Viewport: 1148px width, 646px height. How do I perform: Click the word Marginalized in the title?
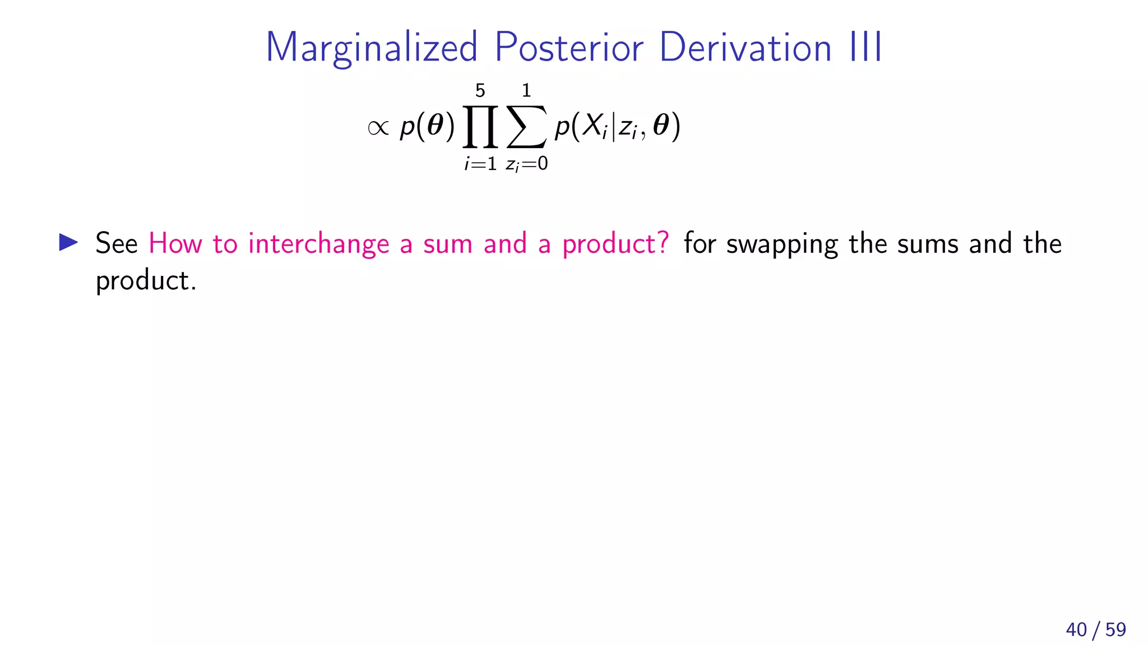click(371, 48)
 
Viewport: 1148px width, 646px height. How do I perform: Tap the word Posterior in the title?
click(568, 48)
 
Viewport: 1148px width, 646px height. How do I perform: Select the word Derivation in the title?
click(745, 48)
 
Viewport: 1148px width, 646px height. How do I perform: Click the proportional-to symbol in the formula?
click(378, 128)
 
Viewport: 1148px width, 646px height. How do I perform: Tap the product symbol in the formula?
click(480, 126)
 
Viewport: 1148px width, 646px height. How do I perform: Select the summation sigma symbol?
click(526, 127)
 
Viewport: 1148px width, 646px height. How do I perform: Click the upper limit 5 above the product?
click(480, 90)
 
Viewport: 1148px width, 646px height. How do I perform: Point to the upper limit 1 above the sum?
click(526, 90)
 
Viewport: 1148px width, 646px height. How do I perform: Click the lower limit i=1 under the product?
click(480, 164)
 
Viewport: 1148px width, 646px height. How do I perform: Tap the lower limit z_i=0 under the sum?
click(526, 164)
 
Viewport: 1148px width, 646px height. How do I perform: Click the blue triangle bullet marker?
click(68, 242)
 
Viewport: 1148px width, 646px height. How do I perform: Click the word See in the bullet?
click(117, 243)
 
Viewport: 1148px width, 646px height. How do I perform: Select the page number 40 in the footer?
click(1076, 630)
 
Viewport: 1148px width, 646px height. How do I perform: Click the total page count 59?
click(1115, 630)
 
